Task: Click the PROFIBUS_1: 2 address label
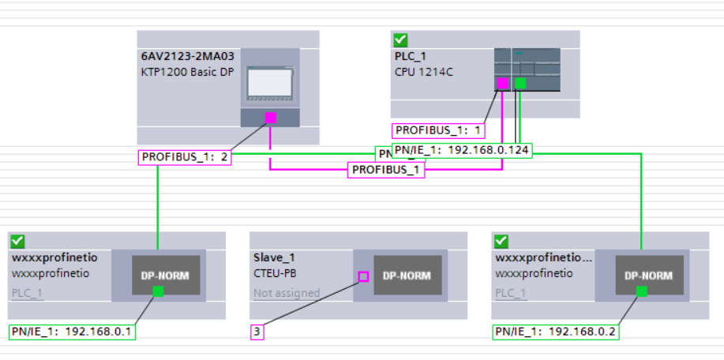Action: pyautogui.click(x=186, y=157)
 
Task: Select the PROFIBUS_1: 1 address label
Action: pyautogui.click(x=438, y=130)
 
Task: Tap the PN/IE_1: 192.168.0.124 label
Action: pyautogui.click(x=462, y=151)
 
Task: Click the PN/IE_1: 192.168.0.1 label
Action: pyautogui.click(x=72, y=332)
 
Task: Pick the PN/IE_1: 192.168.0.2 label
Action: pyautogui.click(x=555, y=332)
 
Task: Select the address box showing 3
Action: pyautogui.click(x=257, y=332)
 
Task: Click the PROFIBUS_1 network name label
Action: pyautogui.click(x=386, y=170)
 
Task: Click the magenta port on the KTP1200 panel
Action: pyautogui.click(x=270, y=118)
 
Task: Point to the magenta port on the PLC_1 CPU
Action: pyautogui.click(x=501, y=83)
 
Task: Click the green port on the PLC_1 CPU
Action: pyautogui.click(x=519, y=83)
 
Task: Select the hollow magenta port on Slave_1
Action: pyautogui.click(x=363, y=276)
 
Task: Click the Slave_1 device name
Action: pyautogui.click(x=273, y=257)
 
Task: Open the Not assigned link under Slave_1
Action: pyautogui.click(x=287, y=293)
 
